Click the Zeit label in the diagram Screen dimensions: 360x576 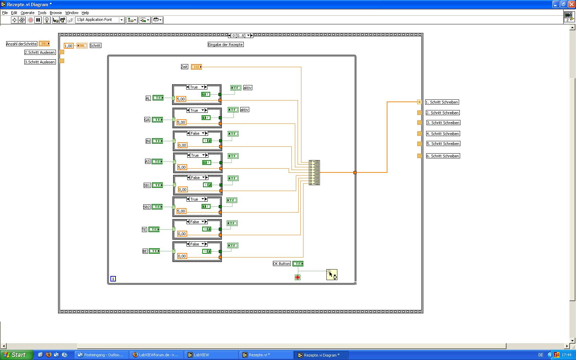pos(184,67)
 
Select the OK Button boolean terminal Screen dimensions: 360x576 pos(298,264)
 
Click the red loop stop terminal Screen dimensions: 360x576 pos(298,277)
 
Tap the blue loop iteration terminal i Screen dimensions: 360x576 pos(113,279)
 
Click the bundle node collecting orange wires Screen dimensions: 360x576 pos(314,172)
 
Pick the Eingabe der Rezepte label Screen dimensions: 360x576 pos(226,45)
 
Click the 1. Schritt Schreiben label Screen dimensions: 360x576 pos(442,102)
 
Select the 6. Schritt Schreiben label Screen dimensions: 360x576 pos(443,156)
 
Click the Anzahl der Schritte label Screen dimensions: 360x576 pos(21,44)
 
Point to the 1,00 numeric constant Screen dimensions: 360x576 pos(69,46)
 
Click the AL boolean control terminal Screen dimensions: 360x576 pos(158,98)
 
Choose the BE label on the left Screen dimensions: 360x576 pos(145,251)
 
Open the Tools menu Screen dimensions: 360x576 pos(42,13)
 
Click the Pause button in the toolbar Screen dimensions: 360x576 pos(38,20)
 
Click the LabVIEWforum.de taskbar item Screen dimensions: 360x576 pos(156,355)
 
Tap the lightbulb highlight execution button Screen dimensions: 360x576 pos(47,20)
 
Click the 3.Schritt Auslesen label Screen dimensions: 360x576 pos(40,62)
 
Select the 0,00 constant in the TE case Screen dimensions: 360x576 pos(182,234)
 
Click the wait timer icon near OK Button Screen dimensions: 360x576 pos(332,275)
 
